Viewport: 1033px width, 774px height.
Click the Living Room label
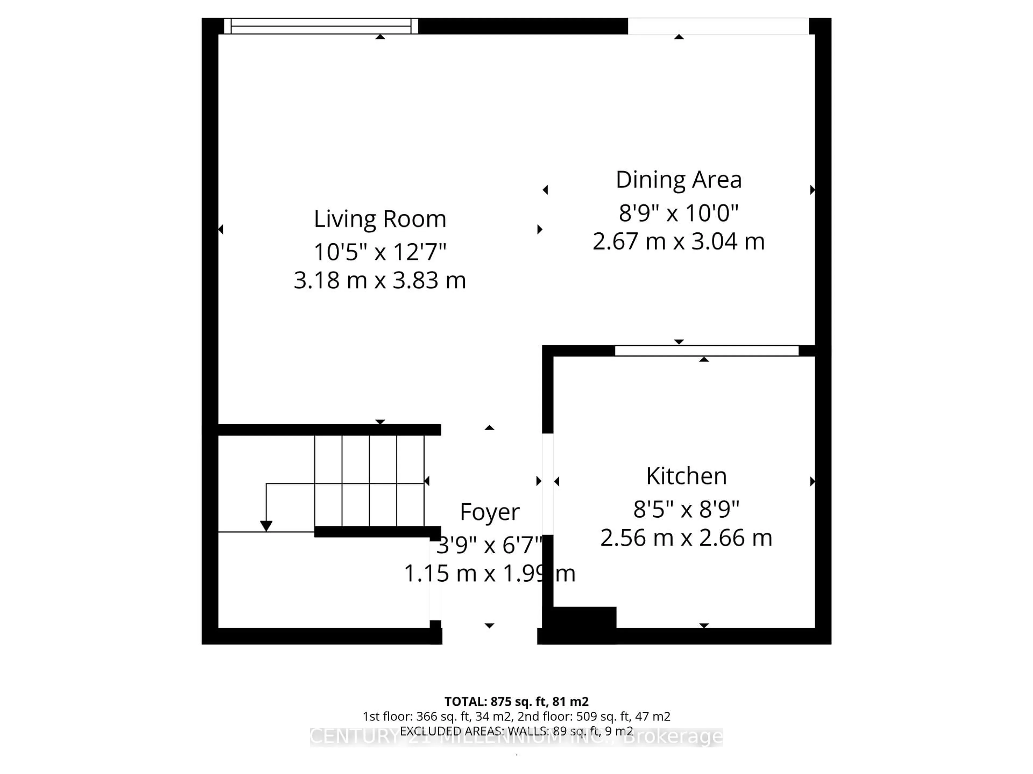pos(380,219)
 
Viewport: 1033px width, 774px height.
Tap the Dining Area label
pos(678,180)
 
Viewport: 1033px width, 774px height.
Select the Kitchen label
pos(686,476)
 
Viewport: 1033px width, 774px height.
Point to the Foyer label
pos(489,512)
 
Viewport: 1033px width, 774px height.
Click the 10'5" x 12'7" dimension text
pos(380,252)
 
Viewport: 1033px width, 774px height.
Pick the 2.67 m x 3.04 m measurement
pos(678,242)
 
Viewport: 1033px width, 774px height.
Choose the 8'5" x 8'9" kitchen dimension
pos(686,509)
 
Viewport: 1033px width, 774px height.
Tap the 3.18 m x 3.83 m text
pos(380,280)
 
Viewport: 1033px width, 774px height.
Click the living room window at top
pos(321,26)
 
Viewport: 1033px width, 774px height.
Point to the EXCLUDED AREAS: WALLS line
pos(516,731)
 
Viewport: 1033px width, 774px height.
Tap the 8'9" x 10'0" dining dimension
pos(678,213)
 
